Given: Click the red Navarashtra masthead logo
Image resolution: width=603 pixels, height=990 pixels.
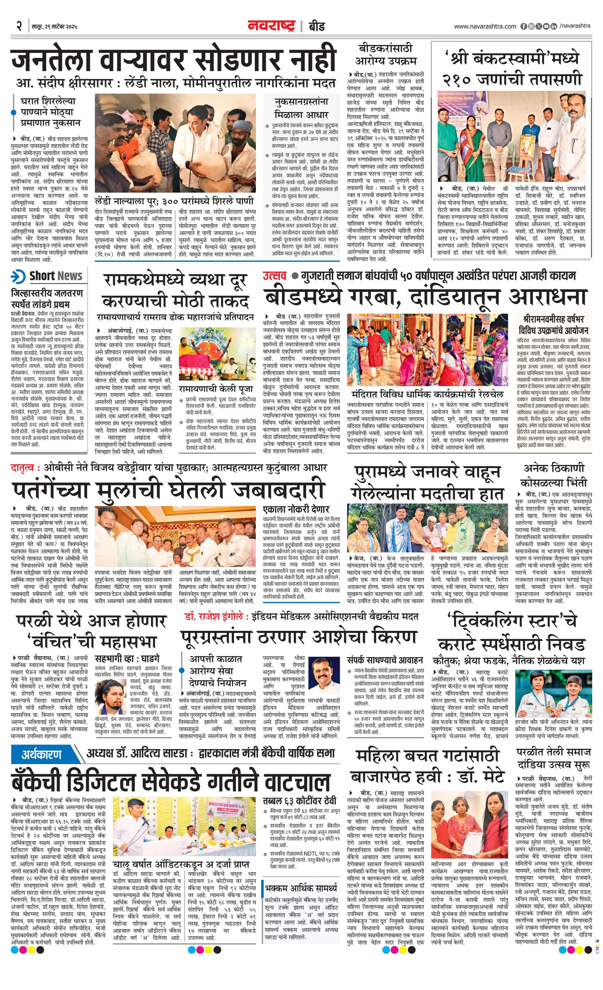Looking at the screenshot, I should tap(271, 26).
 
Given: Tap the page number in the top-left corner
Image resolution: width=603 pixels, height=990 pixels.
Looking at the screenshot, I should tap(19, 27).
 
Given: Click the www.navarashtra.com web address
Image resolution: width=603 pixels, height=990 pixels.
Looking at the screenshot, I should tap(485, 27).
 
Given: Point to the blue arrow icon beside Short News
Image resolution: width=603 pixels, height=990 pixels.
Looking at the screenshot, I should tap(18, 277).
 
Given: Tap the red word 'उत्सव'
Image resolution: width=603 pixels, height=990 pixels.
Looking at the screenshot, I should tap(275, 276).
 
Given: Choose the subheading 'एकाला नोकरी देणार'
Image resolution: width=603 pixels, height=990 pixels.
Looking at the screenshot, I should tap(296, 509).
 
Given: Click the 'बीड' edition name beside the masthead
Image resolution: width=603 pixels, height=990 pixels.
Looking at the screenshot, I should tap(316, 27).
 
